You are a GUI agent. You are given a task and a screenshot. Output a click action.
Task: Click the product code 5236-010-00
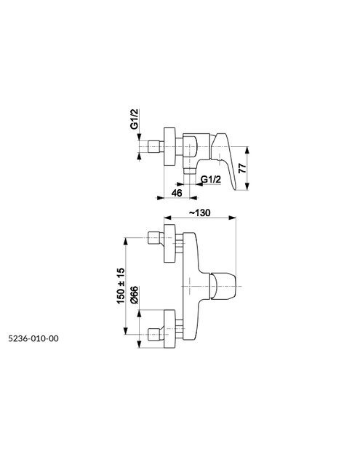33,338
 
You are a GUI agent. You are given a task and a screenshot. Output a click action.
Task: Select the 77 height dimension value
243,169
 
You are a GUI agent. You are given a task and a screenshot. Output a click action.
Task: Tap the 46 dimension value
177,193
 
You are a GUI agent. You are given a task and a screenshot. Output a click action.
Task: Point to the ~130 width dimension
200,212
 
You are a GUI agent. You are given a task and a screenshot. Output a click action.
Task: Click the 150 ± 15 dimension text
121,285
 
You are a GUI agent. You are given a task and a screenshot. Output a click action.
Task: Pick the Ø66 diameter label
135,295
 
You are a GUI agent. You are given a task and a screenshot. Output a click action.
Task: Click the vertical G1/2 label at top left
134,119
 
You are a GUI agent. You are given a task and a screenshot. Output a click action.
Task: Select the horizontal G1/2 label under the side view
211,180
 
